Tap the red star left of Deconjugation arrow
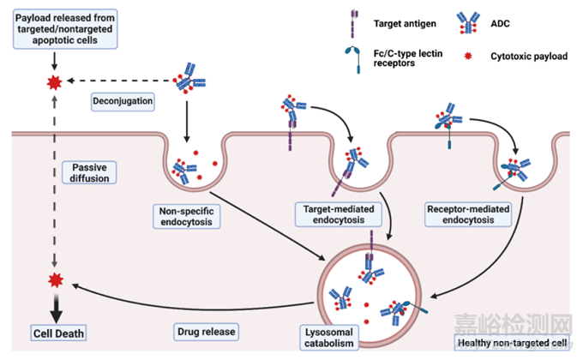click(54, 82)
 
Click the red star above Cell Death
click(54, 280)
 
